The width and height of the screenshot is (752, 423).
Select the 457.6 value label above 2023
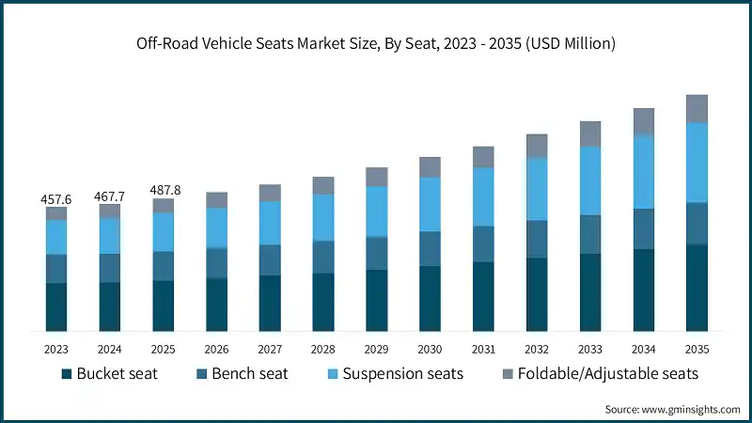[56, 199]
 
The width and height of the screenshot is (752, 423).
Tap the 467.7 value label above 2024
[110, 196]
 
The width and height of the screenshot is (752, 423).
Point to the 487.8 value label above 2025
[164, 191]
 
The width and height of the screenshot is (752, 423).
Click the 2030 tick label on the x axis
[430, 348]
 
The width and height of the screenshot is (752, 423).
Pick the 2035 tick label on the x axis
[697, 348]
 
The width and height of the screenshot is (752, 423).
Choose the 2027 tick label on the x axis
[270, 348]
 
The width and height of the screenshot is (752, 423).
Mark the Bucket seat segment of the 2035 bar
[697, 288]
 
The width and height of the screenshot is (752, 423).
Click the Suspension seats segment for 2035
[697, 163]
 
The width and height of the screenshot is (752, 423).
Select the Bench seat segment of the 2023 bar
[56, 269]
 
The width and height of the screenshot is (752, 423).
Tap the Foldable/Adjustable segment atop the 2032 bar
[537, 146]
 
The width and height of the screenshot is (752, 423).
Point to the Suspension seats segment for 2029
[377, 211]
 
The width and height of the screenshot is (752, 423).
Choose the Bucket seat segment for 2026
[216, 305]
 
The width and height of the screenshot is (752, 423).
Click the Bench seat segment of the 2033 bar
[590, 234]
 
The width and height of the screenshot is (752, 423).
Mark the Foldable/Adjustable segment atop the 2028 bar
[323, 185]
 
